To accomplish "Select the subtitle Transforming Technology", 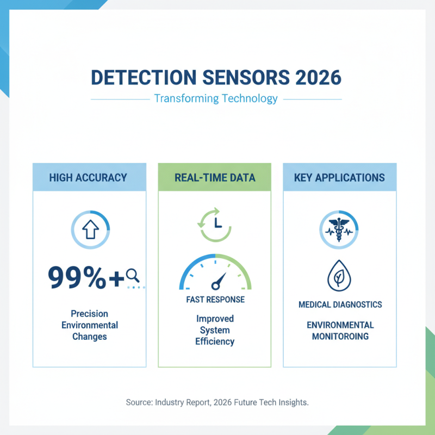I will pos(216,99).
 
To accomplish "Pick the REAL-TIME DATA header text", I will pos(214,178).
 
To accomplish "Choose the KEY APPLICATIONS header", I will pos(339,178).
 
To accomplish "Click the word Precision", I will pos(89,314).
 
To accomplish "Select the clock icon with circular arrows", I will pos(215,223).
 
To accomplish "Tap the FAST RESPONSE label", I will pos(215,300).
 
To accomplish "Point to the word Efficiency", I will pos(215,341).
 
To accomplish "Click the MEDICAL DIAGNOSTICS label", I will pos(340,304).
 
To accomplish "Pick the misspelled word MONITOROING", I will pos(340,337).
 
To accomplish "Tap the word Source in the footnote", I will pos(139,402).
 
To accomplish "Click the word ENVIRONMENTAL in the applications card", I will pos(340,325).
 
